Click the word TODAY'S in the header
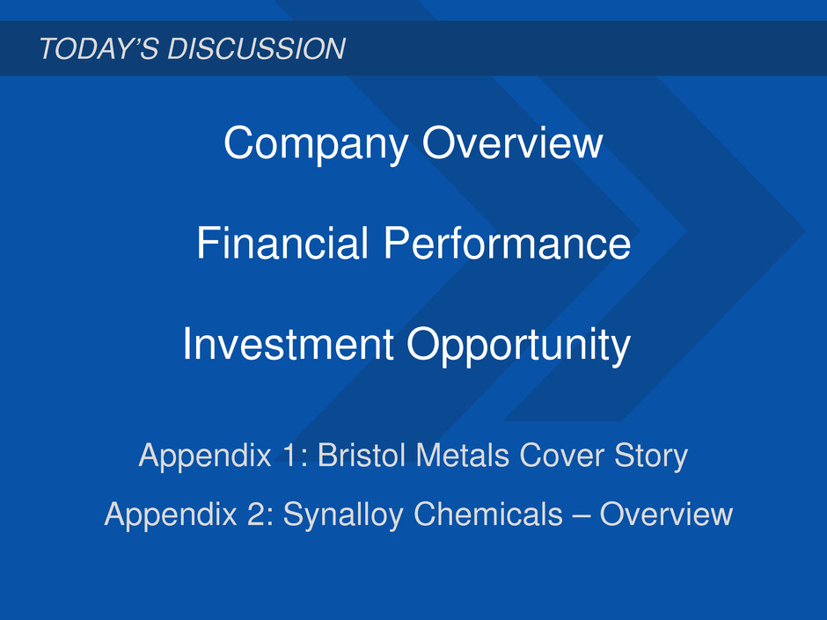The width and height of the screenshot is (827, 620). coord(99,48)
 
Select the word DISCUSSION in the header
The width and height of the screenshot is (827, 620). coord(256,48)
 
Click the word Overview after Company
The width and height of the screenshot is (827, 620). coord(512,142)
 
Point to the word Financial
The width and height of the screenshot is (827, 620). coord(282,243)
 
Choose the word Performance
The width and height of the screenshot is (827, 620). coord(507,243)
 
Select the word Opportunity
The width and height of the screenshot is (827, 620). coord(518,346)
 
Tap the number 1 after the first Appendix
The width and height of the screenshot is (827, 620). coord(289,455)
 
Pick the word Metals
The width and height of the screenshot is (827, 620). coord(463,455)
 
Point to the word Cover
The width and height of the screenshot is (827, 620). coord(561,455)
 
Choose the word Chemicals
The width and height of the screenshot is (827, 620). coord(488,514)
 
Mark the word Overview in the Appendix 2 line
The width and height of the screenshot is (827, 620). coord(666,514)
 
